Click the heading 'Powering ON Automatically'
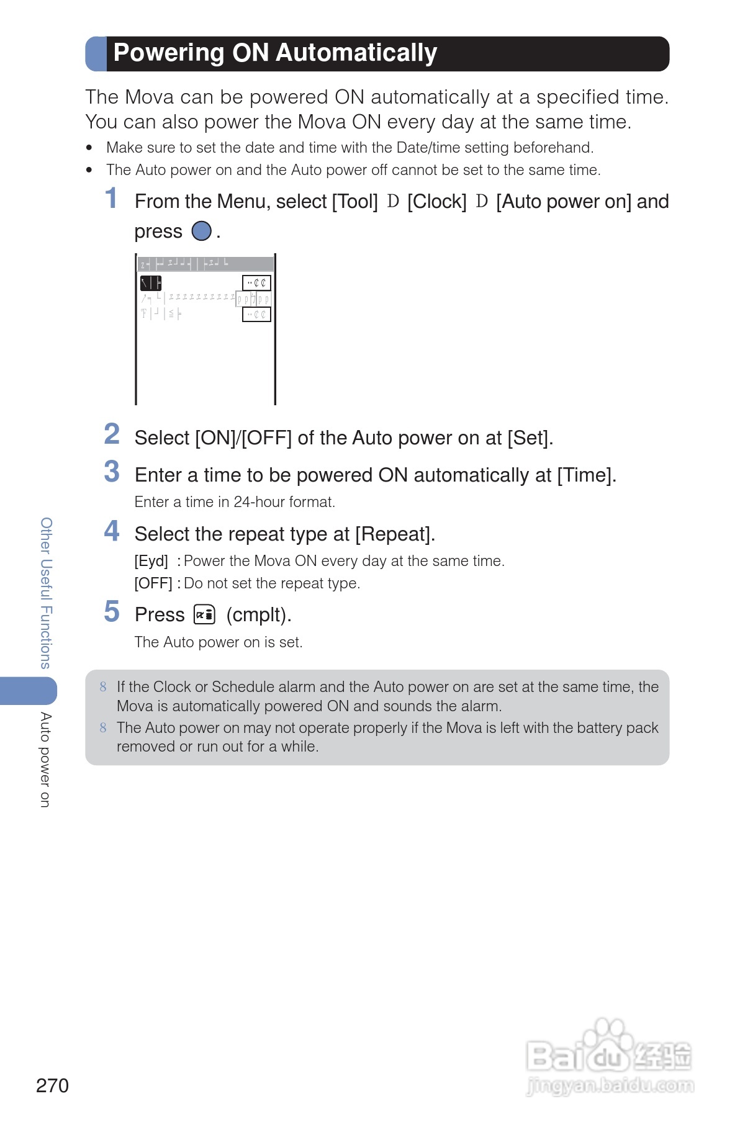tap(275, 53)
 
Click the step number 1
tap(111, 199)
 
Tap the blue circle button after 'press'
tap(201, 231)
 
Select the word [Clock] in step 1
tap(436, 202)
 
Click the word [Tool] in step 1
tap(354, 202)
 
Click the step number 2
tap(112, 434)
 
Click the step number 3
tap(112, 472)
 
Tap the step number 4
tap(112, 531)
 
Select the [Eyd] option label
tap(151, 561)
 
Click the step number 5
tap(112, 612)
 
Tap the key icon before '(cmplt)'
tap(204, 614)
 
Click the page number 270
tap(52, 1085)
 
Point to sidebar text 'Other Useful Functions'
tap(46, 593)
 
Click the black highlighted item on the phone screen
tap(150, 284)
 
